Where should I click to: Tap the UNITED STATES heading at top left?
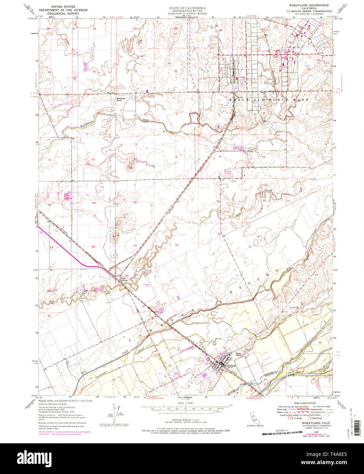63,6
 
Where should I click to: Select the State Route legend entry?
317,418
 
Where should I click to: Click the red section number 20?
177,245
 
